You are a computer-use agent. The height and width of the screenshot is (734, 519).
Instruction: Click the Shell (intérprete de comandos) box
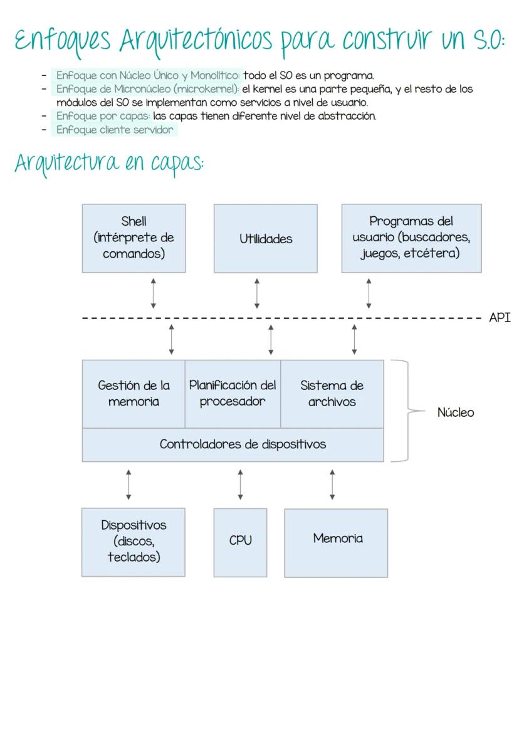pyautogui.click(x=134, y=238)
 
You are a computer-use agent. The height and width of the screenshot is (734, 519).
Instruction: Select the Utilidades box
pyautogui.click(x=265, y=238)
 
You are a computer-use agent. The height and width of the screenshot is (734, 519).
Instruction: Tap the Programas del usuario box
pyautogui.click(x=411, y=238)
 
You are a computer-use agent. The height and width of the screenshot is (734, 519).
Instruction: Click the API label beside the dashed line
pyautogui.click(x=500, y=318)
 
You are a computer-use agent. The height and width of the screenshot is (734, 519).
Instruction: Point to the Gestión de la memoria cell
pyautogui.click(x=134, y=394)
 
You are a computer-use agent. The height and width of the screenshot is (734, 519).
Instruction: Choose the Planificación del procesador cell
pyautogui.click(x=233, y=394)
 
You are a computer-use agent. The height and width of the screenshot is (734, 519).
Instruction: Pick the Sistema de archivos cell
pyautogui.click(x=332, y=394)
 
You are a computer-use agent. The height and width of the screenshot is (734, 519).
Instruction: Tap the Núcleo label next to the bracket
pyautogui.click(x=456, y=412)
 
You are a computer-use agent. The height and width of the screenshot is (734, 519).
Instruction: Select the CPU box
pyautogui.click(x=240, y=542)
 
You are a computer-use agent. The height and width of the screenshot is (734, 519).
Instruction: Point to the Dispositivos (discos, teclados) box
pyautogui.click(x=134, y=542)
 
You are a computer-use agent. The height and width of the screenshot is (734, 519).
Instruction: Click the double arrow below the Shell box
pyautogui.click(x=154, y=294)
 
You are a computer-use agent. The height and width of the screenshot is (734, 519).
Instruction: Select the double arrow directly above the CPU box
pyautogui.click(x=241, y=485)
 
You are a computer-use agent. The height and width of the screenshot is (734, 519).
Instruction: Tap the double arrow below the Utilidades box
pyautogui.click(x=257, y=294)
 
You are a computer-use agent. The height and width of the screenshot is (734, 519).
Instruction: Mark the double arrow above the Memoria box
pyautogui.click(x=332, y=485)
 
